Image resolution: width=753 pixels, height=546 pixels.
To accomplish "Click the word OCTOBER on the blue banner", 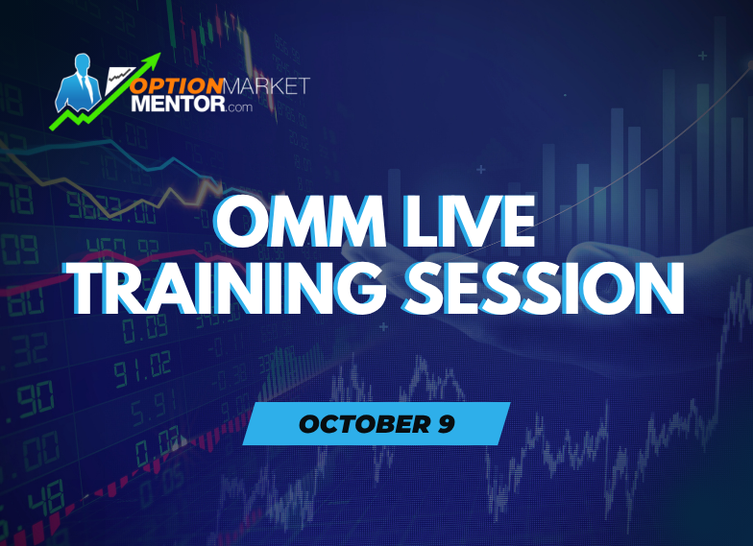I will [352, 423].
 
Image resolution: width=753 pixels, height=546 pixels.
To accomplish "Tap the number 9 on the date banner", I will [445, 423].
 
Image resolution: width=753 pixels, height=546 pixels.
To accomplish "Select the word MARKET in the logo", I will [268, 86].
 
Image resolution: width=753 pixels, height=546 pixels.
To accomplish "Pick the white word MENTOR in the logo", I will [174, 106].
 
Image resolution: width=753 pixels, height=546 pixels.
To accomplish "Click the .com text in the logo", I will [240, 108].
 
